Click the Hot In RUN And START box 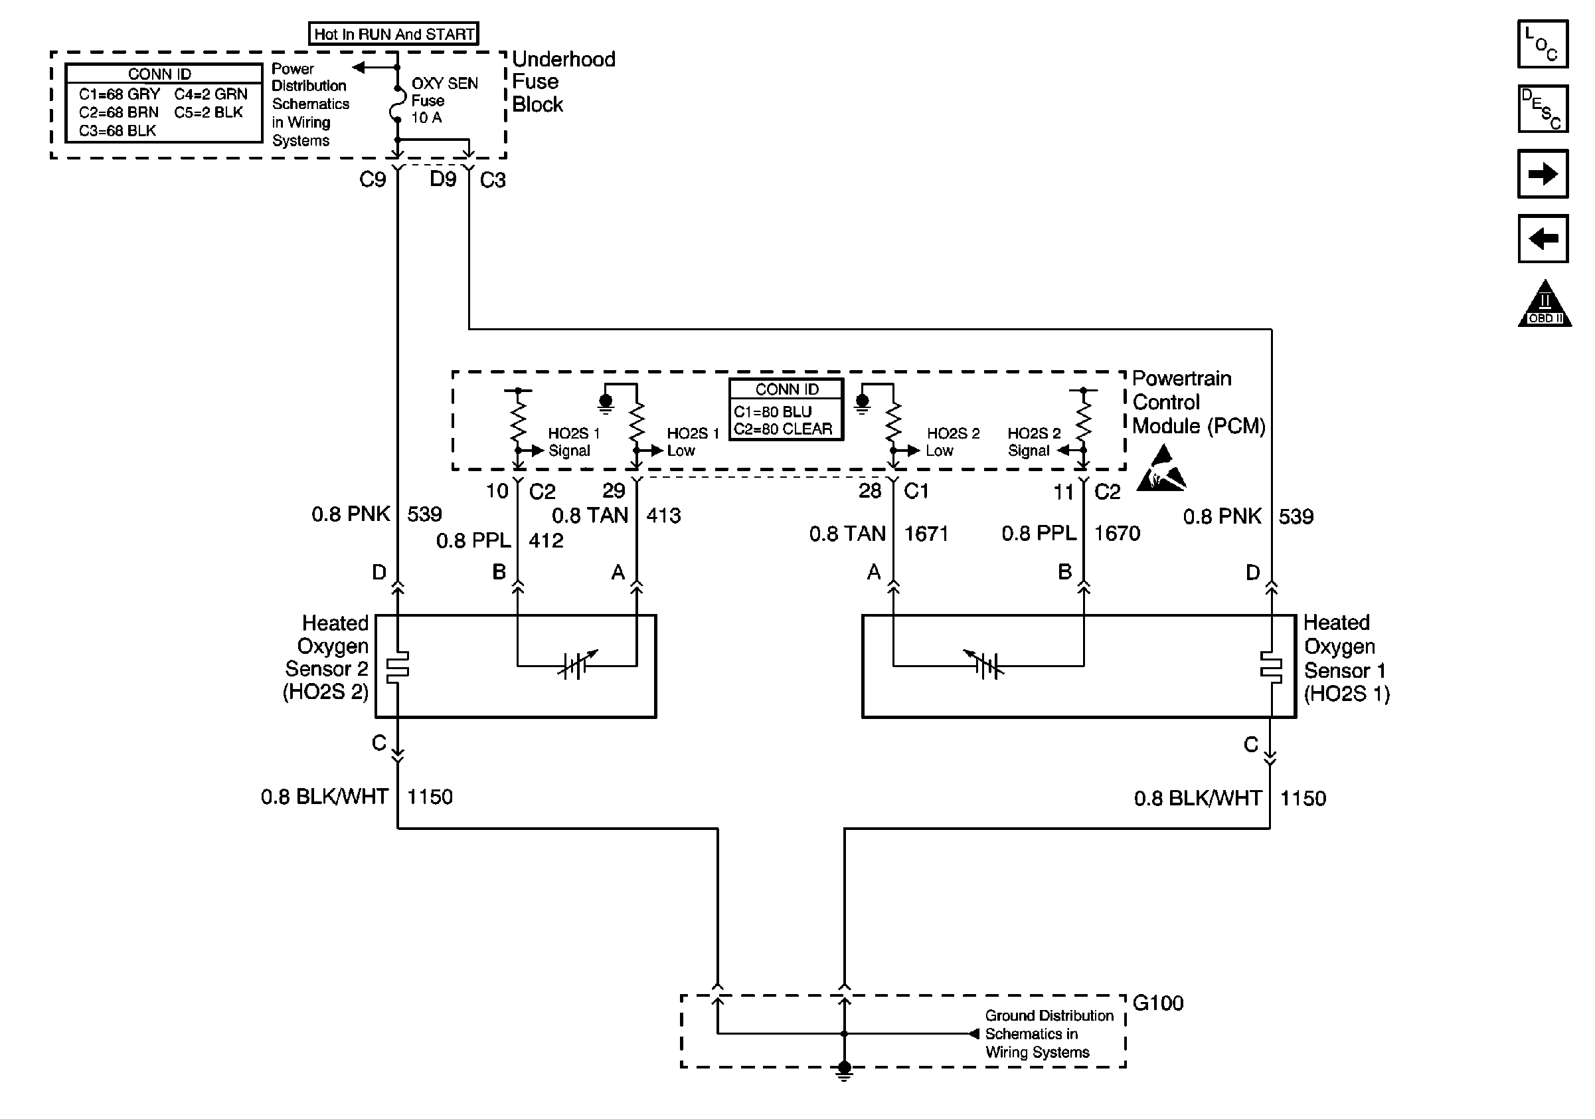pyautogui.click(x=393, y=33)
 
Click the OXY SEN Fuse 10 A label pyautogui.click(x=443, y=100)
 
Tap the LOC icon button pyautogui.click(x=1542, y=44)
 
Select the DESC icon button pyautogui.click(x=1542, y=108)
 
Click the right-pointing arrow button pyautogui.click(x=1542, y=173)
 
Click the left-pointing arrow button pyautogui.click(x=1542, y=239)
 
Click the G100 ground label pyautogui.click(x=1157, y=1003)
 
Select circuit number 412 pyautogui.click(x=545, y=540)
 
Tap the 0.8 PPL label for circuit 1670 pyautogui.click(x=1038, y=533)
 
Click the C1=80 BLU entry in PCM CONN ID pyautogui.click(x=772, y=411)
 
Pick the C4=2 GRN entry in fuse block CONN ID pyautogui.click(x=210, y=94)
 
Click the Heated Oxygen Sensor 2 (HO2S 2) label pyautogui.click(x=327, y=657)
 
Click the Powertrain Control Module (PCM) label pyautogui.click(x=1198, y=403)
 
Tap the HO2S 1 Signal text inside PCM pyautogui.click(x=573, y=442)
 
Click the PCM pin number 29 pyautogui.click(x=614, y=490)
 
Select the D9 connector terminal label pyautogui.click(x=442, y=179)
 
